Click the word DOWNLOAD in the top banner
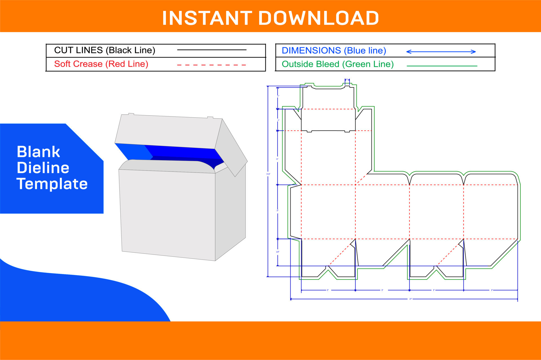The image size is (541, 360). (318, 18)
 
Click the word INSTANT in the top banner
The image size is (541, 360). (207, 18)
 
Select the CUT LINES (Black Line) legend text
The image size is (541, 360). (105, 50)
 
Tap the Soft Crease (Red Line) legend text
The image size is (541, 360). (101, 64)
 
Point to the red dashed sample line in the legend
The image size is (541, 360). (211, 65)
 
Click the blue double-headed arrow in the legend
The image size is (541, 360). (441, 52)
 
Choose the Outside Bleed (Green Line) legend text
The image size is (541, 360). (338, 64)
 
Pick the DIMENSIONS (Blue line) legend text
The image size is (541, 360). (334, 50)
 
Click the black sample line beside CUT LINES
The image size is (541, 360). (211, 50)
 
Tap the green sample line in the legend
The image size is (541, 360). (442, 66)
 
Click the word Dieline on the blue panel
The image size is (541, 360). (43, 168)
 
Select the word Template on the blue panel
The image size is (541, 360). (52, 184)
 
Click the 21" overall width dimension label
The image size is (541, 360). (411, 299)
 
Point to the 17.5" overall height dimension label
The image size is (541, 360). (268, 174)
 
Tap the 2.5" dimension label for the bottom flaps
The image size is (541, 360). (278, 252)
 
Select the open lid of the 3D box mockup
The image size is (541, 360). (166, 131)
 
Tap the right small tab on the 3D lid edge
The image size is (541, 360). (210, 117)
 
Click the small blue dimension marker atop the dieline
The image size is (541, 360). (347, 80)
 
